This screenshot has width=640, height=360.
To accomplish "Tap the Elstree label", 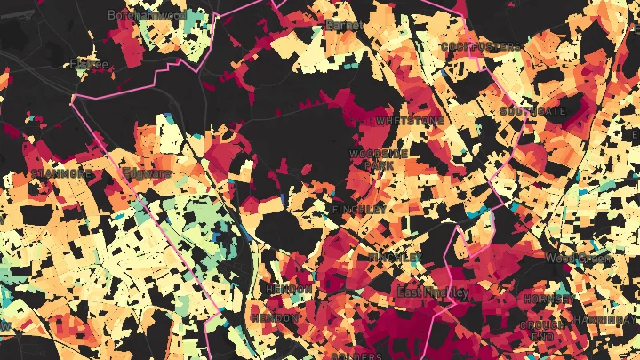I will coord(89,65).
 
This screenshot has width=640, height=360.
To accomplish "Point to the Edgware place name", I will coord(146,172).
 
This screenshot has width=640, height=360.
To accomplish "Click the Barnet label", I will coord(343,26).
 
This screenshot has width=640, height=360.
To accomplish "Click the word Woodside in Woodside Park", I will coord(379,154).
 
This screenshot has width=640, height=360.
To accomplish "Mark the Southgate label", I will coord(532,112).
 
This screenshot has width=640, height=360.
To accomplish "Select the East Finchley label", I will coord(432,292).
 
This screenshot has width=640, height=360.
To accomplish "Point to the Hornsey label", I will coord(542,299).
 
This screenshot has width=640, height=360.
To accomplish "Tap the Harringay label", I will coord(606,319).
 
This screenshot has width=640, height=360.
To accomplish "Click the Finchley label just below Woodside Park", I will coord(359,209).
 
